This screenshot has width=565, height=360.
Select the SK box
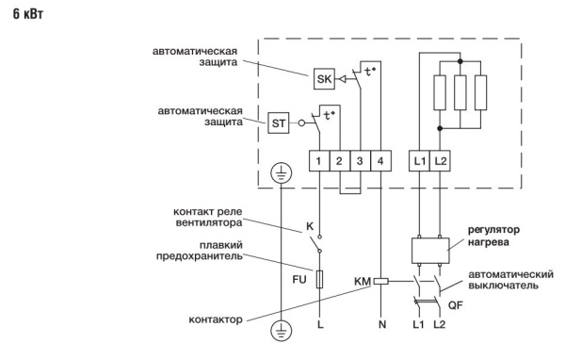click(x=324, y=79)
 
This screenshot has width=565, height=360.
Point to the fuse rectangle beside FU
click(x=320, y=279)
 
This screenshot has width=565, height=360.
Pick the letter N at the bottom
click(x=380, y=324)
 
